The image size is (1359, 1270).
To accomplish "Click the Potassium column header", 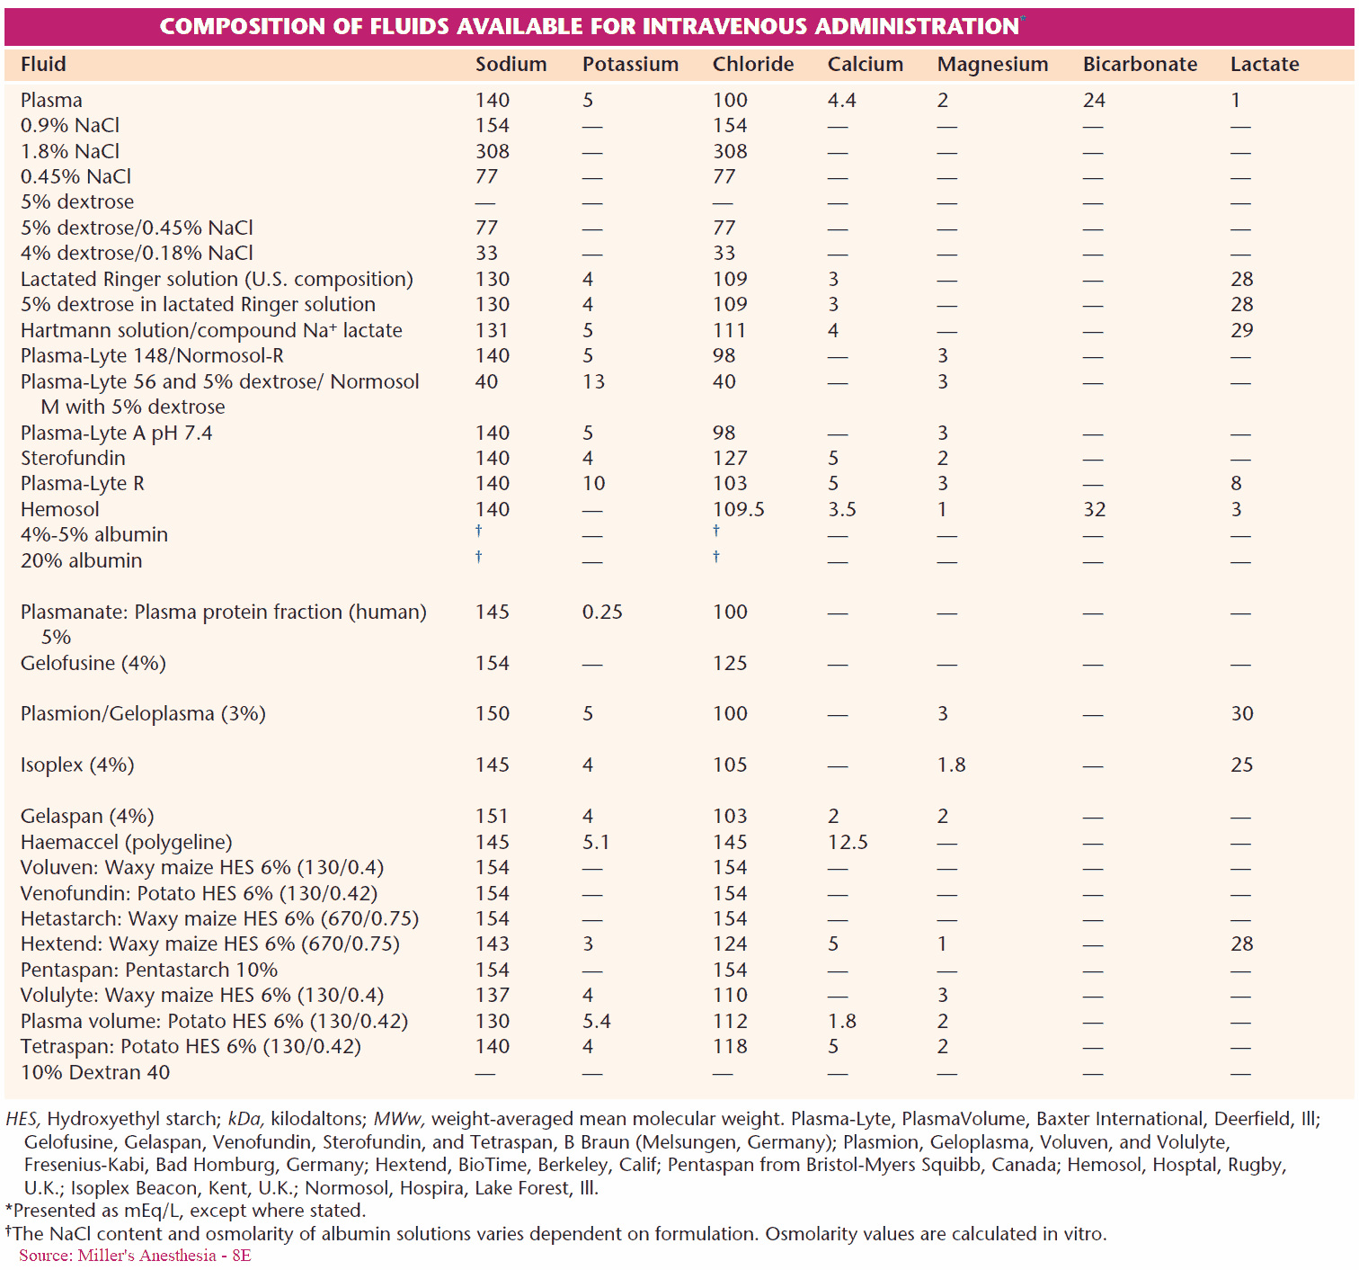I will [630, 65].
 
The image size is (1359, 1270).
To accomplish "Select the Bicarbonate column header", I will [1140, 65].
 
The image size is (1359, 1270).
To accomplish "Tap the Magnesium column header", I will [992, 65].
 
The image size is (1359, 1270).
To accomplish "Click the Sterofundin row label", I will [73, 459].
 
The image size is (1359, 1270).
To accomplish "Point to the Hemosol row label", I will [59, 510].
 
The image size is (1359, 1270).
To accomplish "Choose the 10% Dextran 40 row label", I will [94, 1073].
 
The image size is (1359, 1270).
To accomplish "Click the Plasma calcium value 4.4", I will [841, 101].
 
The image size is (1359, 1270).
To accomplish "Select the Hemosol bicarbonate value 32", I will [1094, 510].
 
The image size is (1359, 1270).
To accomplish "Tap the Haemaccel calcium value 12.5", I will [848, 843].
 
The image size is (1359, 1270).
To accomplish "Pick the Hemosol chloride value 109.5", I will [738, 510].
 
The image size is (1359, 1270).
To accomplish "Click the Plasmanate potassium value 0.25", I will [602, 613].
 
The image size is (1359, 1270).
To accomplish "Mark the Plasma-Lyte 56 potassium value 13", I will [593, 382].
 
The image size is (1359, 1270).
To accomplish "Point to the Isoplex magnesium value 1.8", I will [951, 765].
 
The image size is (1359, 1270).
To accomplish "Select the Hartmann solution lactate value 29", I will [1241, 331].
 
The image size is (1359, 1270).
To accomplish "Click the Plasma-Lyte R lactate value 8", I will [1236, 484].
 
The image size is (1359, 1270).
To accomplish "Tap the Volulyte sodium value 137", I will [492, 996].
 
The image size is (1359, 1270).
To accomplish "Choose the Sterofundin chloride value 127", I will [730, 459].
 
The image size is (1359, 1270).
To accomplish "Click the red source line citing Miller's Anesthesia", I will [135, 1256].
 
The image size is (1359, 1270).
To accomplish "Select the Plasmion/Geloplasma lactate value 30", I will [1241, 714].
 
